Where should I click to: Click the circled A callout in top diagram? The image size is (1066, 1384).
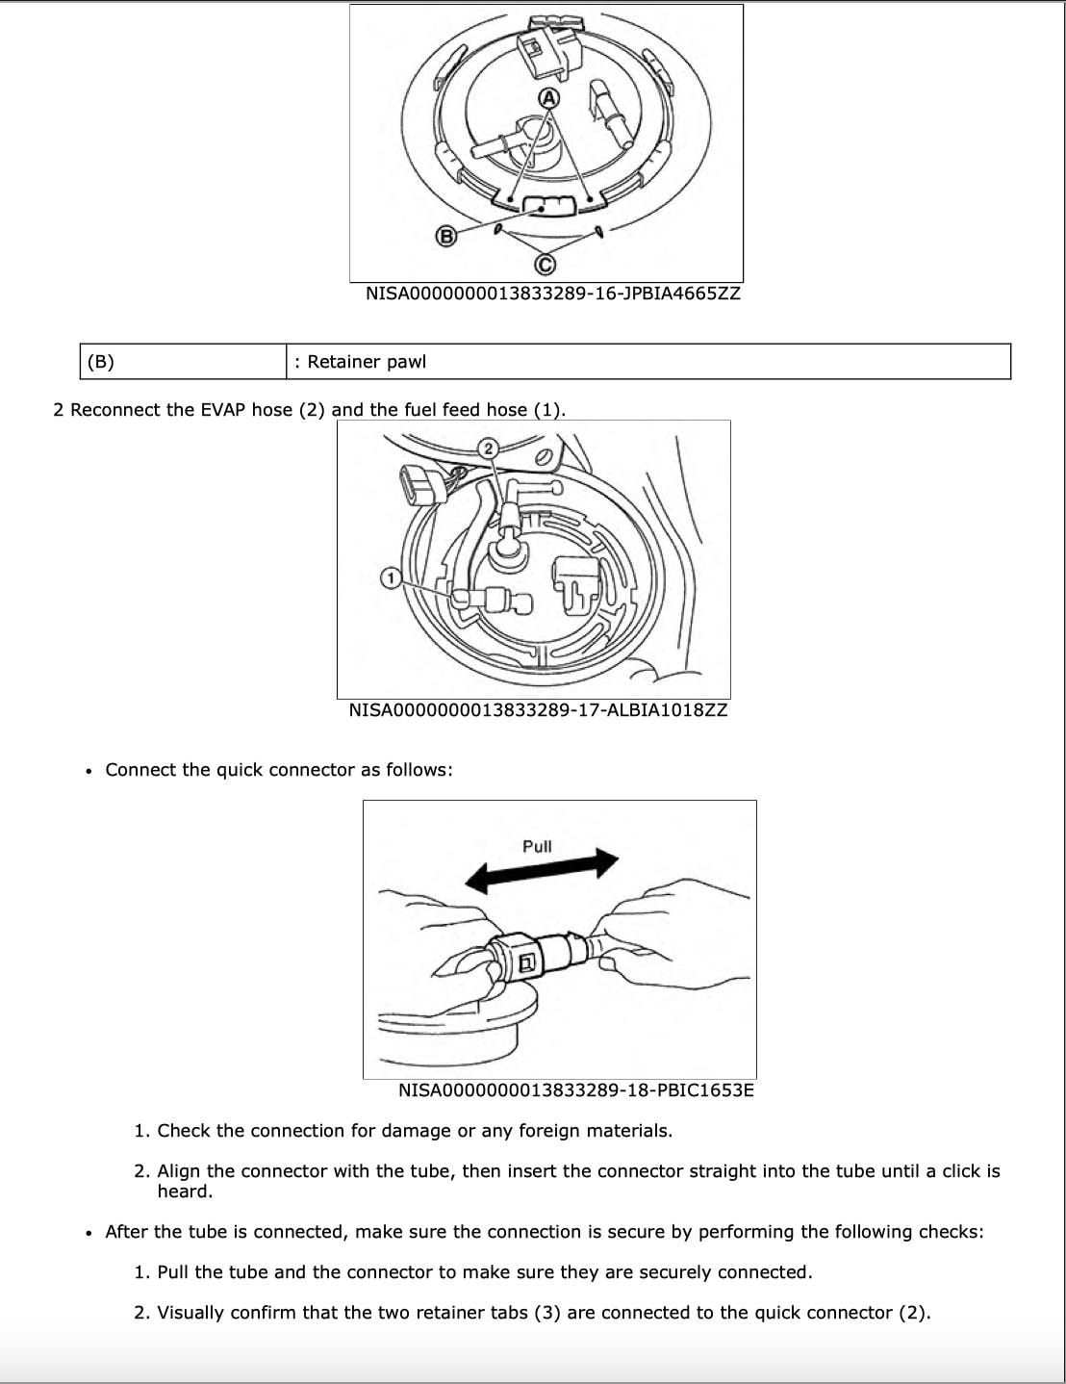click(x=548, y=98)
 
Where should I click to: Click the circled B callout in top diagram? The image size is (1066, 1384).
click(x=445, y=236)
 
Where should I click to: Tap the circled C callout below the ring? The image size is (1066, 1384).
click(x=545, y=264)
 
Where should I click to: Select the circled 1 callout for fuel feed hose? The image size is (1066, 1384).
click(x=391, y=577)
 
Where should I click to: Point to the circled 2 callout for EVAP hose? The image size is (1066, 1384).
click(x=488, y=448)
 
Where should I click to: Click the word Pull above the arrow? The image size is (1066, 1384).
click(x=537, y=846)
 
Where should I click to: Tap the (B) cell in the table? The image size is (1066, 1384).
click(x=100, y=362)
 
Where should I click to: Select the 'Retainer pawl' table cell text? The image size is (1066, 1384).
click(x=367, y=362)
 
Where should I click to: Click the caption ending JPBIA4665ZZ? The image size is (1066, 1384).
click(x=552, y=294)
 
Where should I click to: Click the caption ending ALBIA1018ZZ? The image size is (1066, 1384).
click(x=538, y=710)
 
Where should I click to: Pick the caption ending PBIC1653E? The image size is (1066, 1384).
click(x=575, y=1090)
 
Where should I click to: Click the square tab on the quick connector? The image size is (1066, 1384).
click(x=527, y=962)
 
